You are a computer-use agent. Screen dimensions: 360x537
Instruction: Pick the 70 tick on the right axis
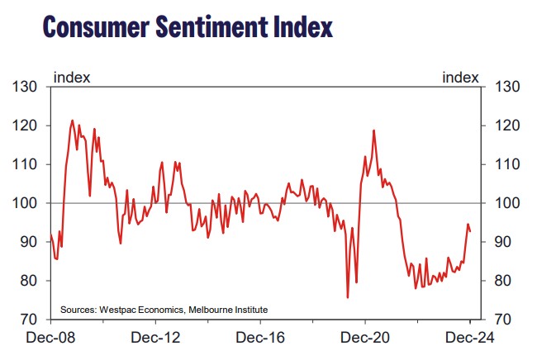(506, 320)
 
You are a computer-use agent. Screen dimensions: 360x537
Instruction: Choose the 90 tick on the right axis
(506, 242)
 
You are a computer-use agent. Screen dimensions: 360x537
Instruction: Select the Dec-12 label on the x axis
(155, 338)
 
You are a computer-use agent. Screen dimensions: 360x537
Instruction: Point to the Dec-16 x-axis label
(261, 338)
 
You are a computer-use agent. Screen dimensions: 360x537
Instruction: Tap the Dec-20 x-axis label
(366, 338)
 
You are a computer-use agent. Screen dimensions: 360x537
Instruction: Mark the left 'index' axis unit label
(72, 78)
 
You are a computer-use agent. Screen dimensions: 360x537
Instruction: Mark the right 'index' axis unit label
(460, 78)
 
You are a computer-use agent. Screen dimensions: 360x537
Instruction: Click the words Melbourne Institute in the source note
(228, 310)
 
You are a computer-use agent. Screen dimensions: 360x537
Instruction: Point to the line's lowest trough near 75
(347, 297)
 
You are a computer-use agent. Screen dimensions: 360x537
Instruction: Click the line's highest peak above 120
(72, 121)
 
